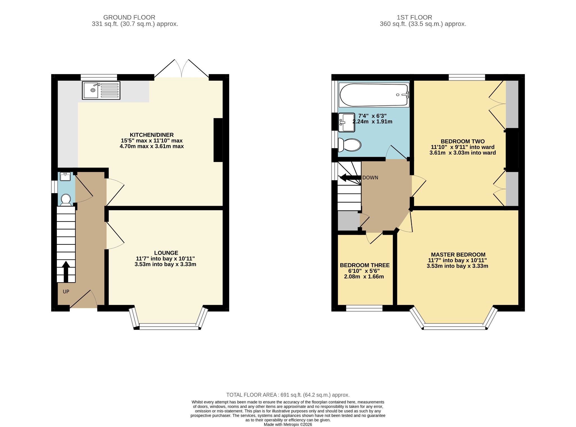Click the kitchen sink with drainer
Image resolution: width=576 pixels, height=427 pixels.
(x=101, y=90)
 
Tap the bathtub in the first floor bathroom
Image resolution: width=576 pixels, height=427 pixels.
(x=374, y=95)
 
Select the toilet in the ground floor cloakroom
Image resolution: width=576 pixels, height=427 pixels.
(x=66, y=200)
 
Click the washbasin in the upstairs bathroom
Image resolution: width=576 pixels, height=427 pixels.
(x=346, y=122)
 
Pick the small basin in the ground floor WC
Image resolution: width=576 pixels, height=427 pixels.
(x=65, y=177)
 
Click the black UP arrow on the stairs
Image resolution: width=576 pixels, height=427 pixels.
(x=66, y=272)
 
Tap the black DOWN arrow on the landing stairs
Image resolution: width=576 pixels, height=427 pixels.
(x=350, y=178)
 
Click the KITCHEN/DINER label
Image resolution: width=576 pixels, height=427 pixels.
(x=152, y=135)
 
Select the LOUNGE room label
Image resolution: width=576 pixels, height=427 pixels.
(x=166, y=253)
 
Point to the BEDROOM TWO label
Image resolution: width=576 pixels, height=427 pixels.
(x=463, y=141)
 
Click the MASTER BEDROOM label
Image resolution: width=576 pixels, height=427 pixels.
(x=458, y=255)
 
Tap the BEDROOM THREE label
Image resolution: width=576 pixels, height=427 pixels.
(x=365, y=265)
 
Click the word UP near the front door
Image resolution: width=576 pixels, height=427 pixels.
(x=66, y=292)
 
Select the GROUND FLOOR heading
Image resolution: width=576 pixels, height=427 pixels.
(x=129, y=17)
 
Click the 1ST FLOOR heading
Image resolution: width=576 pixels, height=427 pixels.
(x=415, y=17)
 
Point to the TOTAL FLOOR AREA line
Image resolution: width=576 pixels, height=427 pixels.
(x=288, y=395)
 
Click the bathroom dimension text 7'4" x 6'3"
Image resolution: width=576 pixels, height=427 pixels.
(x=372, y=116)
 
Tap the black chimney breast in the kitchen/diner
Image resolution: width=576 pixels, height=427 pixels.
(x=218, y=140)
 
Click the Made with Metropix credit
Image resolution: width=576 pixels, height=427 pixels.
(x=288, y=424)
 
